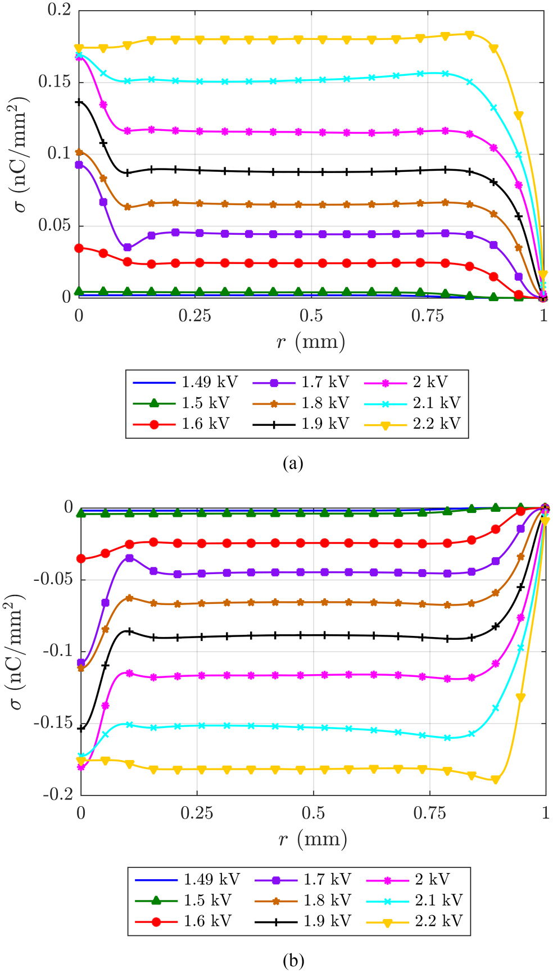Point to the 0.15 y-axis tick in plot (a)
[x=55, y=82]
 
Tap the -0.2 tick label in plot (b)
[x=57, y=794]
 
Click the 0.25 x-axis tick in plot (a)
[x=195, y=316]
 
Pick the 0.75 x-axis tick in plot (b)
[x=430, y=813]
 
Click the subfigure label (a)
[x=293, y=463]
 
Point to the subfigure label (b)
[x=293, y=961]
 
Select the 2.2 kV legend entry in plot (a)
[x=436, y=424]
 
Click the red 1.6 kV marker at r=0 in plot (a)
[x=79, y=248]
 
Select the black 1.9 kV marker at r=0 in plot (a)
[x=79, y=102]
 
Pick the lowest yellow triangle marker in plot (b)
[x=495, y=780]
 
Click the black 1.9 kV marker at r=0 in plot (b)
[x=81, y=729]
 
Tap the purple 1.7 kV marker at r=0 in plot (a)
[x=79, y=165]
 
